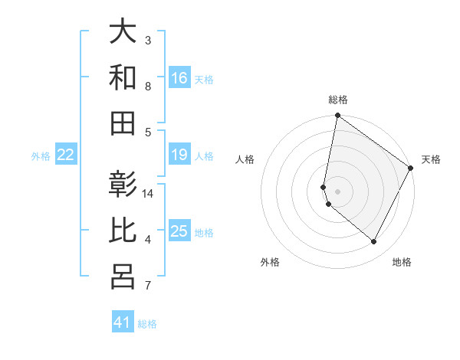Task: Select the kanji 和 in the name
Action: point(123,77)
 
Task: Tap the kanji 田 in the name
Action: point(123,123)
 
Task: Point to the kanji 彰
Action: point(123,185)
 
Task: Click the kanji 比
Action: point(123,231)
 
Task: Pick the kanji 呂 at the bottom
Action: point(123,277)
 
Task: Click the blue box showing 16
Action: point(179,78)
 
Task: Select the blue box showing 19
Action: point(179,155)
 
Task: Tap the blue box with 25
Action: point(179,232)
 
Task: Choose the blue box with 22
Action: point(66,155)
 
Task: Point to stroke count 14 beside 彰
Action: point(149,194)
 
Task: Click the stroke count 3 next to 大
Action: point(148,40)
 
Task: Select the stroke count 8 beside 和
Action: point(148,87)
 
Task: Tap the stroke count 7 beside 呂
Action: point(148,286)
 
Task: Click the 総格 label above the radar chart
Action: point(338,100)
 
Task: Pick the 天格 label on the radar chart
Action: point(431,159)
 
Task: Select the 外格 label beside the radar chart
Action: point(270,262)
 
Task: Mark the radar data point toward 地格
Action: point(373,242)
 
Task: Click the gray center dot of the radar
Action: point(338,191)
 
